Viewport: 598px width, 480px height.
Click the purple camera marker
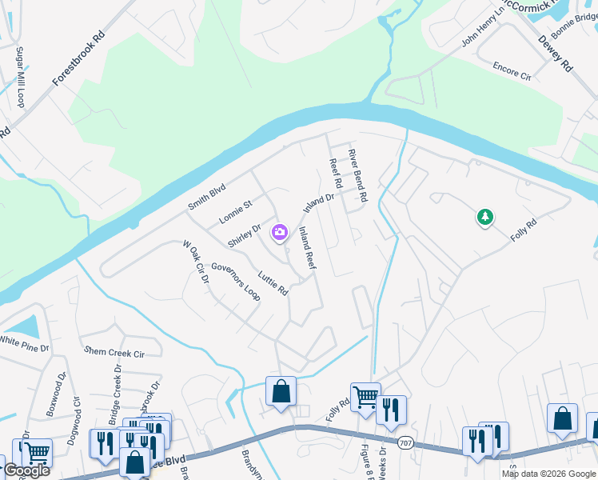[x=280, y=233]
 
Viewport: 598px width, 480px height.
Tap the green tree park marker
[x=484, y=217]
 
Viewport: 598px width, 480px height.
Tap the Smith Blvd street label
[x=207, y=197]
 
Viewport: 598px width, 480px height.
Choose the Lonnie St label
[x=236, y=212]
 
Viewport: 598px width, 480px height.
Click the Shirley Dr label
[x=245, y=235]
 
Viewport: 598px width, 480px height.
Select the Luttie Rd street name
[x=273, y=282]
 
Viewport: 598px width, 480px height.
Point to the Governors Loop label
[x=236, y=281]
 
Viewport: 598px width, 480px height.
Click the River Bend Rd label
[x=357, y=174]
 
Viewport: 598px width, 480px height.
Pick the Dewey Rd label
[x=556, y=54]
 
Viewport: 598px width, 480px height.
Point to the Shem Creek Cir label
[x=114, y=352]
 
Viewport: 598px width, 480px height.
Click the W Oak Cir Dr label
[x=195, y=263]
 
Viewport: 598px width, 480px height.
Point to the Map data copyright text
[x=548, y=474]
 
